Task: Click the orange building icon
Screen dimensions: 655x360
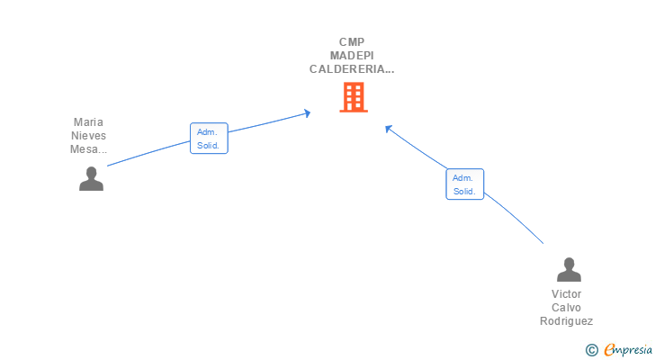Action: [354, 97]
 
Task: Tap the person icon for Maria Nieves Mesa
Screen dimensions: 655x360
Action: [91, 179]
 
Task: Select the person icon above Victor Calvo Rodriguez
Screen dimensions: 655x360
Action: [569, 269]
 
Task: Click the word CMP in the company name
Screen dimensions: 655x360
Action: [352, 42]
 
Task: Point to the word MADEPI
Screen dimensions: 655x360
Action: [352, 56]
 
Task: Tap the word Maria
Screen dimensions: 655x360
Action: [88, 121]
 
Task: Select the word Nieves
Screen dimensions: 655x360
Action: [88, 136]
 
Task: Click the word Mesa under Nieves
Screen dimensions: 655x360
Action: [84, 149]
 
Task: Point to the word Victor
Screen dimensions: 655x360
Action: [566, 294]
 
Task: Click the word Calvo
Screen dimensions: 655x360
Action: [566, 308]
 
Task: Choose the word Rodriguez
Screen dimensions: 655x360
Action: [566, 321]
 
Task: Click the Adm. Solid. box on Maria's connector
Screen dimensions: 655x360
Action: [209, 139]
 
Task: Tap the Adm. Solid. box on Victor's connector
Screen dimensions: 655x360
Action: [464, 184]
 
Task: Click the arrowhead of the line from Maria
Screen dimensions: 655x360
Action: [308, 113]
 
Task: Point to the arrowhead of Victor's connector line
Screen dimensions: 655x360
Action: [388, 129]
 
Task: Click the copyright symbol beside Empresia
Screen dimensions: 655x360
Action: [591, 350]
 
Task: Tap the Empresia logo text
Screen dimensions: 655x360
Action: [628, 349]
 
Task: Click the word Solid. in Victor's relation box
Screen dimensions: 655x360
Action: [464, 192]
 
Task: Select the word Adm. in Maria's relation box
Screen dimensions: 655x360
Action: [207, 132]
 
